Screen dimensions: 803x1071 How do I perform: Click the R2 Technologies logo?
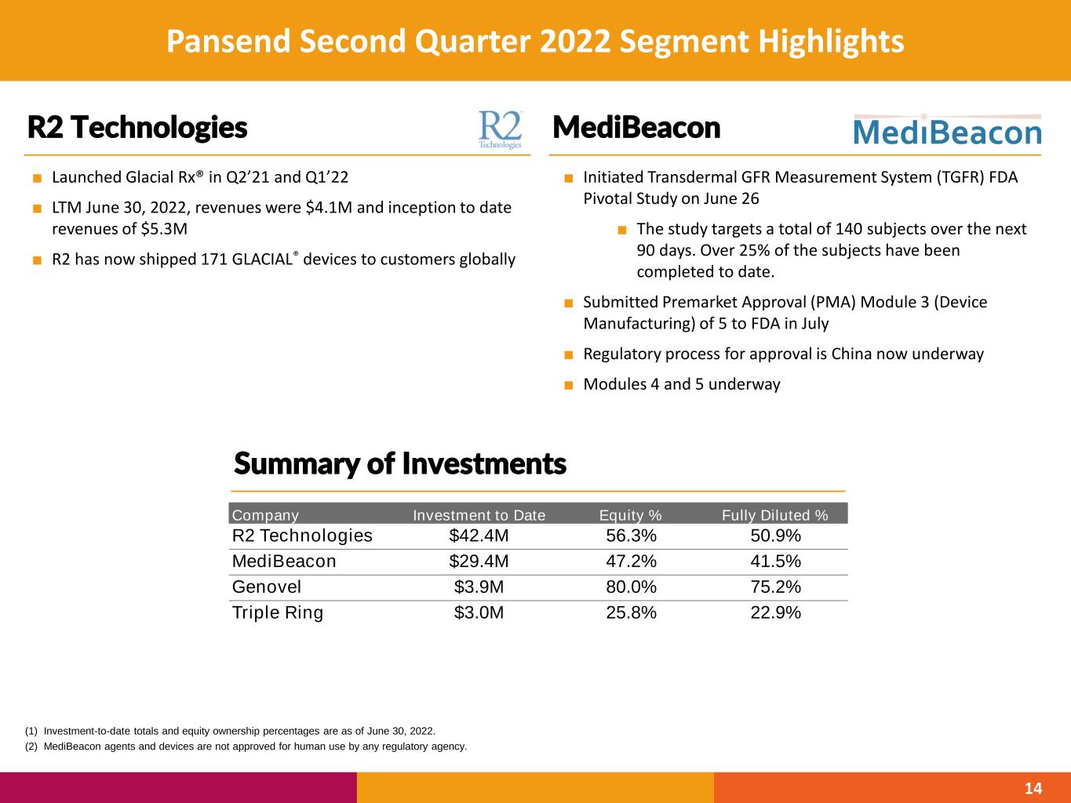click(x=500, y=129)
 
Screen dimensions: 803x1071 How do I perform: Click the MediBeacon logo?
click(x=946, y=131)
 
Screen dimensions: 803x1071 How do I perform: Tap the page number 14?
click(x=1033, y=788)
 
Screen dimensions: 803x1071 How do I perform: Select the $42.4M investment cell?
click(x=479, y=536)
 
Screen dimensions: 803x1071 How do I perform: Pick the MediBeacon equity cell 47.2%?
click(x=631, y=561)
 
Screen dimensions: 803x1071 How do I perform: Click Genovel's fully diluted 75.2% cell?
click(x=775, y=587)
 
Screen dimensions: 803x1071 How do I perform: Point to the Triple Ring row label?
click(x=278, y=612)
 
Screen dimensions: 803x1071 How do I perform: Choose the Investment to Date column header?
click(x=479, y=515)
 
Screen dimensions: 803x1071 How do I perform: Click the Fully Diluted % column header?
click(x=774, y=515)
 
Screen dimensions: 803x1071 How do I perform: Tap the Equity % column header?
click(x=630, y=515)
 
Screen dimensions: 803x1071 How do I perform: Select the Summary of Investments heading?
click(x=399, y=464)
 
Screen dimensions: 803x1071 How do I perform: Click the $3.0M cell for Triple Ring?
click(x=479, y=612)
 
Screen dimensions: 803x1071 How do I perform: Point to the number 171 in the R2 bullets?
click(x=214, y=260)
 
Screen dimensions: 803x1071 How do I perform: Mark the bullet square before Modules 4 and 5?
click(x=568, y=384)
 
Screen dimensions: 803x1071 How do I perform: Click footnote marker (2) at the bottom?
click(x=31, y=747)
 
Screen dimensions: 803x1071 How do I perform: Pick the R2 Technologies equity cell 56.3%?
click(x=631, y=536)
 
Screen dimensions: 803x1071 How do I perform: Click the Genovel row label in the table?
click(x=267, y=587)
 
